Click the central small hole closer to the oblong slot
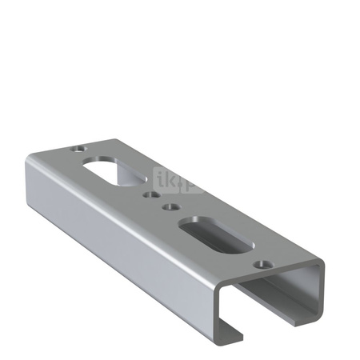[170, 206]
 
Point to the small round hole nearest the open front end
[259, 263]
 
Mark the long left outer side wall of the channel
[120, 232]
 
